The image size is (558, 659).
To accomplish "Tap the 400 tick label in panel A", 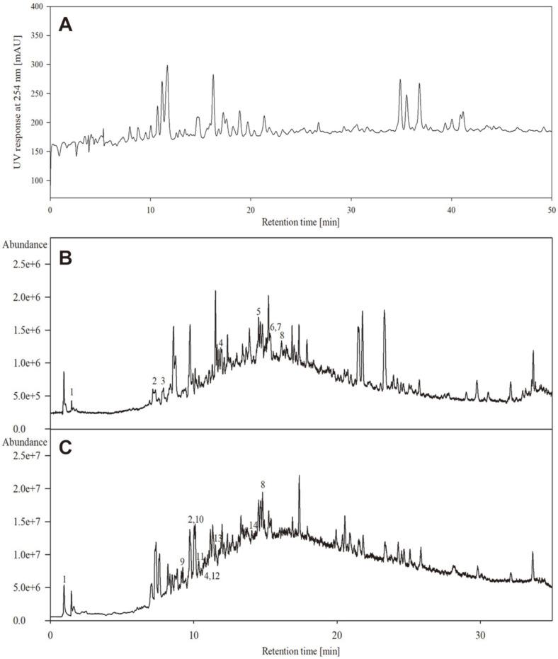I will (35, 6).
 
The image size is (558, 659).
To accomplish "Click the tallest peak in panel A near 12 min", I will (167, 67).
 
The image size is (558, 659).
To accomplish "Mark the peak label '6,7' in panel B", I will (275, 326).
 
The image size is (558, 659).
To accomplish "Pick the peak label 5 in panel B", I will (258, 312).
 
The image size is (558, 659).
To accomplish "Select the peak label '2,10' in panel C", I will (195, 520).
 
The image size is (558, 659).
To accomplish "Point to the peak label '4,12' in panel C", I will (212, 576).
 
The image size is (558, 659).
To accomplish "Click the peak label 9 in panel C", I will (182, 561).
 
